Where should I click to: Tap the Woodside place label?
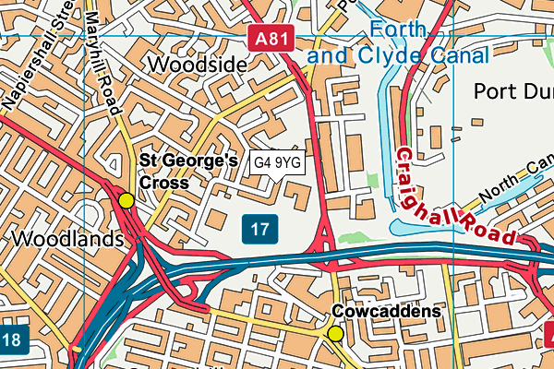click(x=197, y=65)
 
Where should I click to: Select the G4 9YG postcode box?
click(x=278, y=162)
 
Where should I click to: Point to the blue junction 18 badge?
click(x=10, y=339)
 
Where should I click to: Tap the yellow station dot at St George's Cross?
click(x=126, y=199)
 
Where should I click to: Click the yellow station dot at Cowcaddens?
click(x=335, y=333)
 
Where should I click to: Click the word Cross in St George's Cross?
click(x=163, y=183)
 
